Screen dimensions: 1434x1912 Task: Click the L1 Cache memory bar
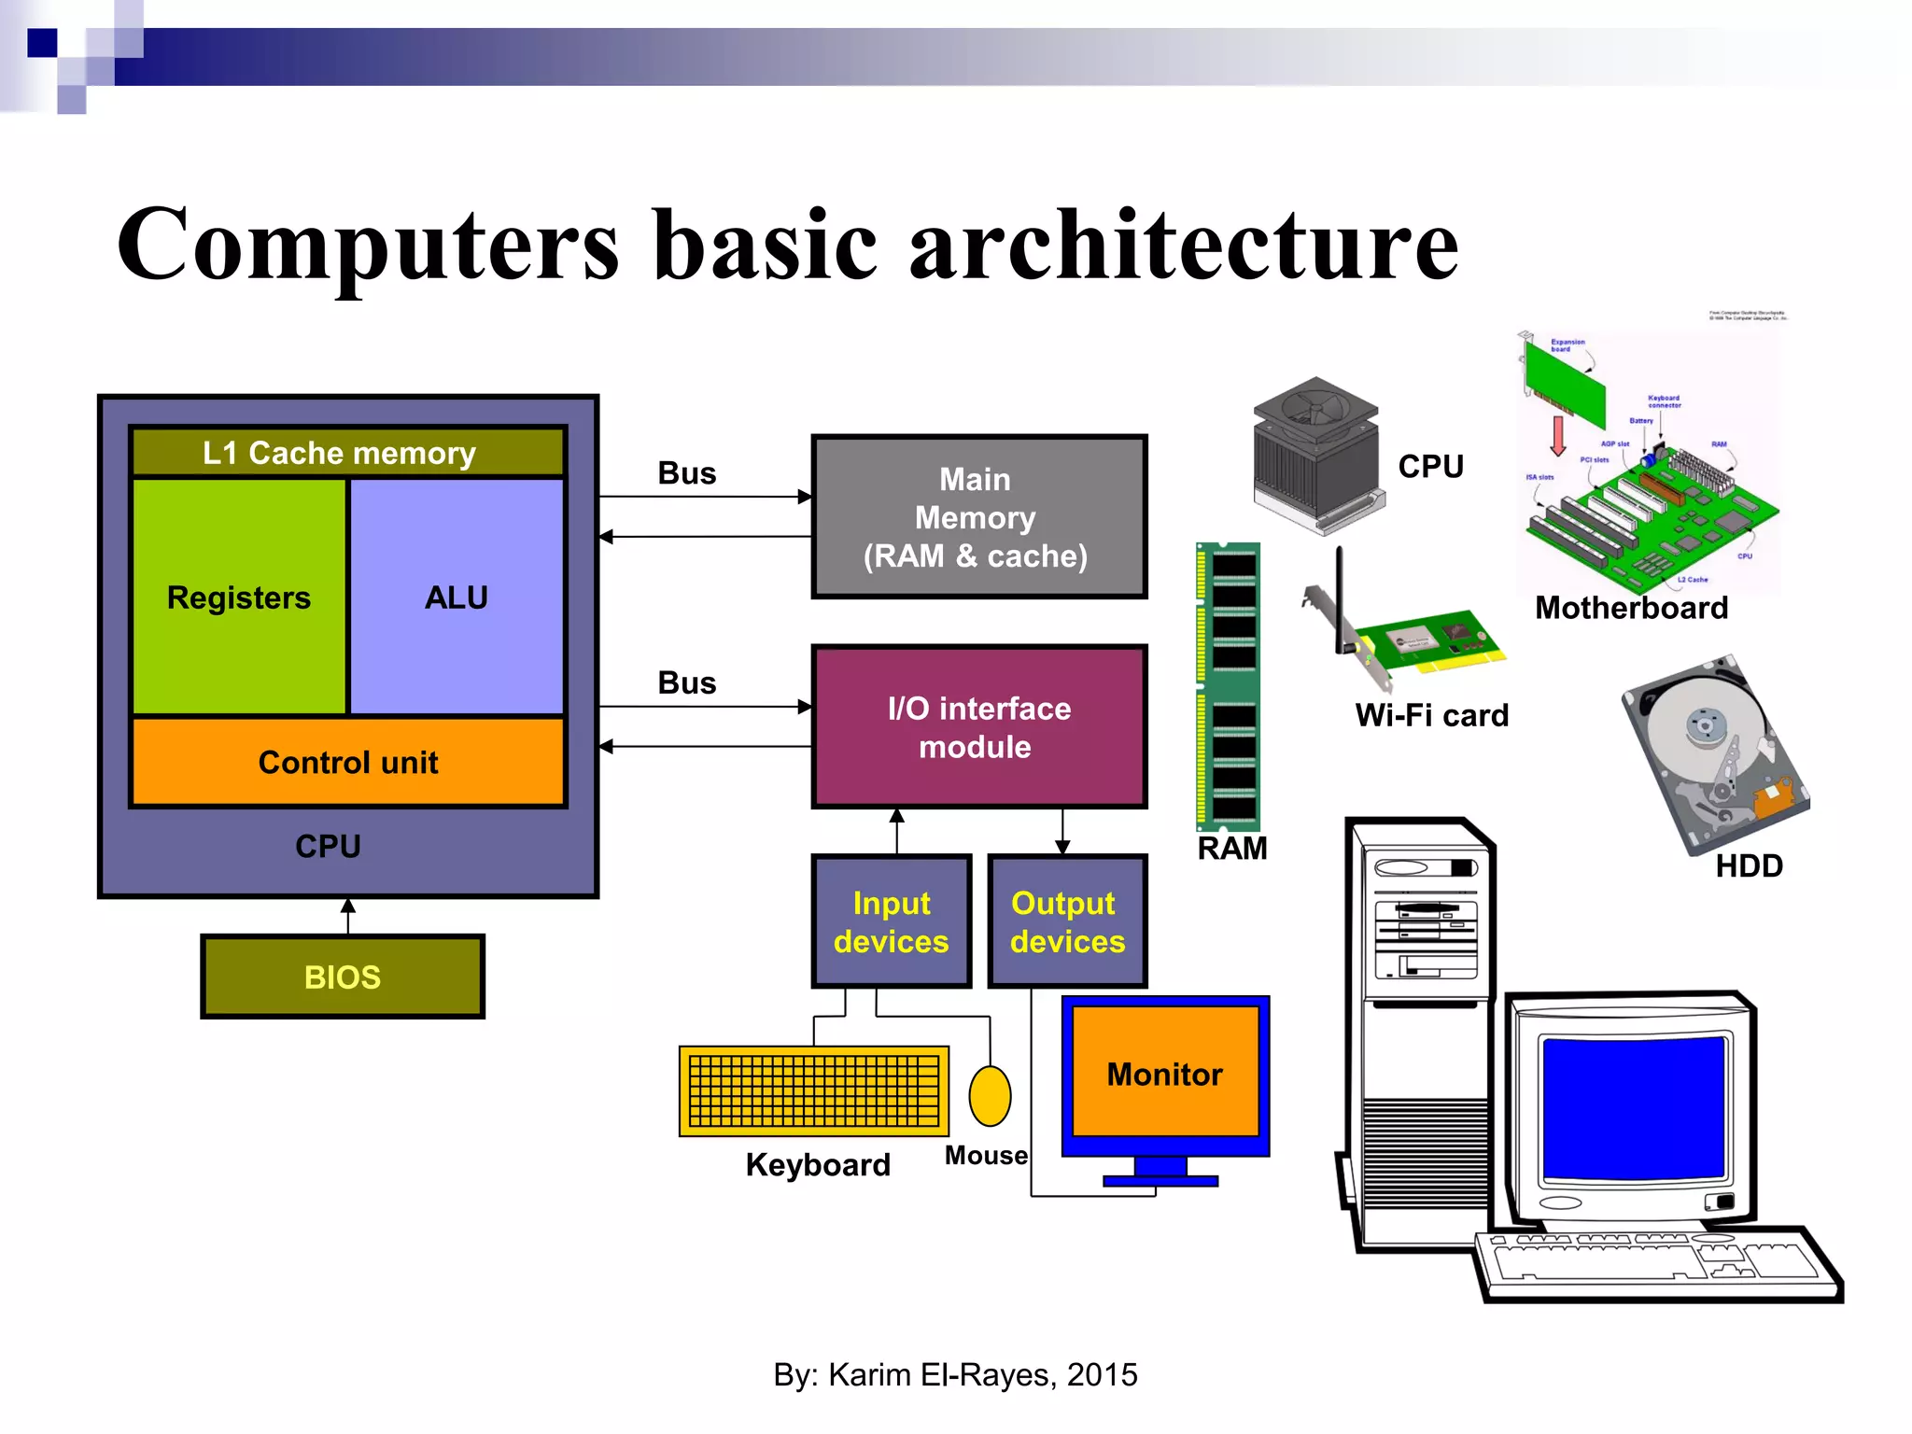(347, 453)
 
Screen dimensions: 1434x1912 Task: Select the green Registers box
(239, 597)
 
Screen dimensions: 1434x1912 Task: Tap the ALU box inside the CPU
(457, 597)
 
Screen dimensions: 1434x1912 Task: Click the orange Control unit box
(347, 762)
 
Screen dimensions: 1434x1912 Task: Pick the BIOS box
(343, 977)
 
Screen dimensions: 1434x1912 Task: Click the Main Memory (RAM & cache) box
(978, 516)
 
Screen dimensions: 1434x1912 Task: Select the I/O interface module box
(978, 726)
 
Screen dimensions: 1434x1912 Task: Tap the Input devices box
(891, 921)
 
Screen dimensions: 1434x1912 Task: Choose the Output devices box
(1067, 921)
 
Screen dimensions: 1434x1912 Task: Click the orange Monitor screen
(1165, 1073)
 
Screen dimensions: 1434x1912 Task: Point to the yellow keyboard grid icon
(814, 1090)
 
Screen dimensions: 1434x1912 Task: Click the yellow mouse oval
(990, 1096)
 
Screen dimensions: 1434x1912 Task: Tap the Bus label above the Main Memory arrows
(687, 473)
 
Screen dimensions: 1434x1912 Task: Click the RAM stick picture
(1229, 686)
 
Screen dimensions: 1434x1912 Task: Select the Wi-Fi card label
(1431, 715)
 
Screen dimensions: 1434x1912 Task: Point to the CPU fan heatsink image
(1316, 453)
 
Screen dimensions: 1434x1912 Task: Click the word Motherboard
(1631, 608)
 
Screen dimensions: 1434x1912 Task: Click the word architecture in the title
(1184, 245)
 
